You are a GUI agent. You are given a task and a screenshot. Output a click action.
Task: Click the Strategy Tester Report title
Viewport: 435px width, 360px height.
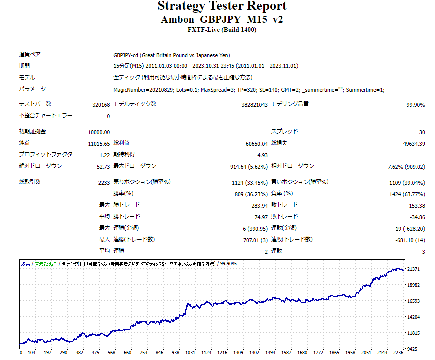[222, 6]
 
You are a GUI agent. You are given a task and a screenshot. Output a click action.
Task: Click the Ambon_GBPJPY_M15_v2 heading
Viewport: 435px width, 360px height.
[222, 20]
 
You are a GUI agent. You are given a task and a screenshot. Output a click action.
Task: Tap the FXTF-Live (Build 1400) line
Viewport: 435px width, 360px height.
[222, 30]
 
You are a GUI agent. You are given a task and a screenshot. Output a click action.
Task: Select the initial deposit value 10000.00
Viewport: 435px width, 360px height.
[99, 132]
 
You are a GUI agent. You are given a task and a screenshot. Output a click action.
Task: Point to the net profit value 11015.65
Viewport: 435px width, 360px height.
[99, 144]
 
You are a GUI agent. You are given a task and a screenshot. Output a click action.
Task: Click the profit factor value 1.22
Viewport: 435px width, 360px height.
[104, 155]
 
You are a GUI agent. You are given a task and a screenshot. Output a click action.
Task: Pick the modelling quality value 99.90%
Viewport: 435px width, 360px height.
[415, 105]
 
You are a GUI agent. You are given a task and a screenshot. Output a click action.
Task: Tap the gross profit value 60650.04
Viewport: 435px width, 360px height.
[254, 144]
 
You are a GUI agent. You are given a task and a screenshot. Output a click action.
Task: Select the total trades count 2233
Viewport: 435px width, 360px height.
[104, 183]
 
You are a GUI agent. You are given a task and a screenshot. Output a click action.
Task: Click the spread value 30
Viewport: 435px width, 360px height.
[422, 132]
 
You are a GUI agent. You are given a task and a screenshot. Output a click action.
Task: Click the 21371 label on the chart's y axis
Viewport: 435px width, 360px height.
[414, 269]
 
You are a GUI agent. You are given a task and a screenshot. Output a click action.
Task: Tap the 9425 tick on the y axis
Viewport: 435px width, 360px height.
[413, 349]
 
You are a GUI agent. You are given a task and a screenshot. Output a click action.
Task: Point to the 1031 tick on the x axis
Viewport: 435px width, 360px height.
[190, 352]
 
